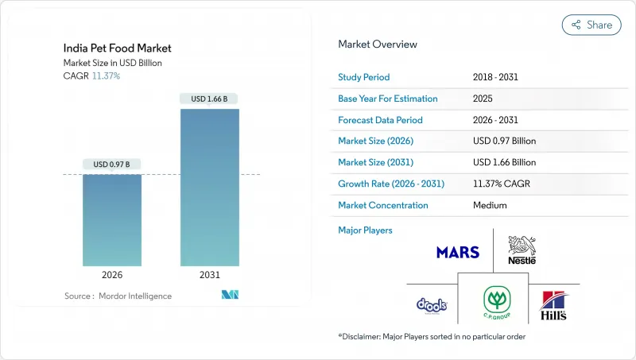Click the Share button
591,25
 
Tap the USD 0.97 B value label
111,165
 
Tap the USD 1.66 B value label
209,99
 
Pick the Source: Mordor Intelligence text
118,296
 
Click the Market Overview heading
378,45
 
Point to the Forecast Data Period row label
380,120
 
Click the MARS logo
457,252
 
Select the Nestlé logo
522,250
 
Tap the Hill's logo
553,305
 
